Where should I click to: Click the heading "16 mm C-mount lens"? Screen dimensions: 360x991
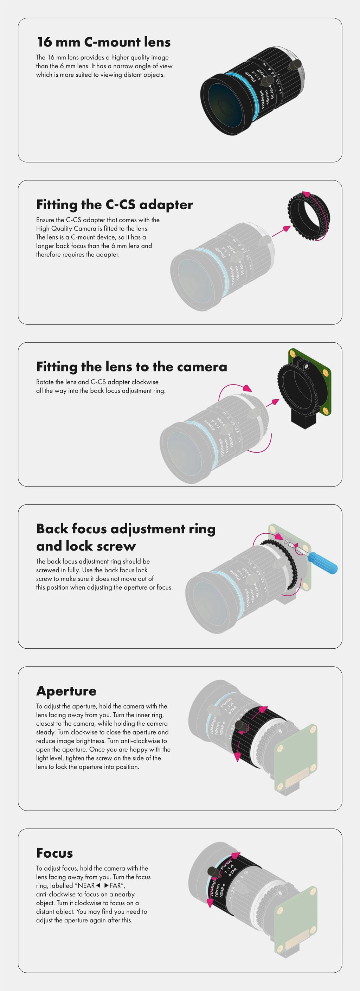coord(104,42)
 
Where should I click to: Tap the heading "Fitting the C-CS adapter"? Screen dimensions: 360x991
coord(115,204)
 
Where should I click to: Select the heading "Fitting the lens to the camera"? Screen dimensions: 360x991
coord(131,367)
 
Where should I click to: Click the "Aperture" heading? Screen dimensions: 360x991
coord(66,691)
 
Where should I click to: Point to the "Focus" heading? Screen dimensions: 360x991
coord(54,853)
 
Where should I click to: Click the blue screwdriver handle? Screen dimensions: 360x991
coord(323,562)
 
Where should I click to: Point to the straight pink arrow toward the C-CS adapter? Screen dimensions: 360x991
coord(281,231)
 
